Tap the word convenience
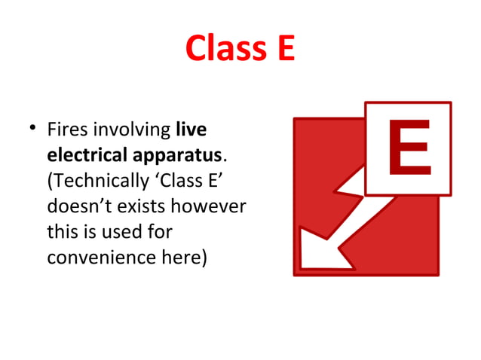(105, 258)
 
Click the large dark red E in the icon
(409, 148)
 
